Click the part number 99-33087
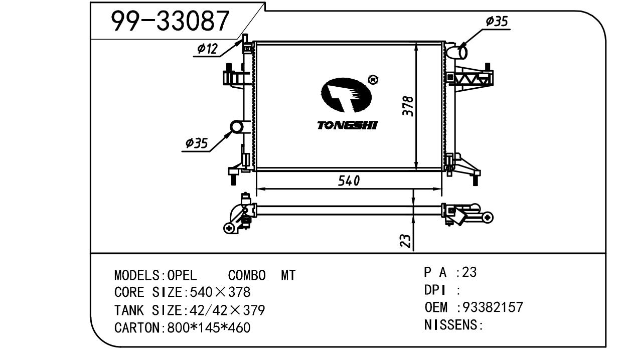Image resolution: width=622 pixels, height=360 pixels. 170,21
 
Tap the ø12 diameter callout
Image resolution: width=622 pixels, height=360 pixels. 207,49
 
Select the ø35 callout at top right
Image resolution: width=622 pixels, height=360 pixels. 497,21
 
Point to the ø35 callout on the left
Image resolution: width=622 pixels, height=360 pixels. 196,143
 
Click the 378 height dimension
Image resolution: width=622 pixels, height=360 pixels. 409,106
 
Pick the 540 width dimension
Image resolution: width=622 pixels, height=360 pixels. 348,181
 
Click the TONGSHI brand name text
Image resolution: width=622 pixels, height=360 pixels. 347,125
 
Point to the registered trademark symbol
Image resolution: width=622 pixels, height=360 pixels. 373,79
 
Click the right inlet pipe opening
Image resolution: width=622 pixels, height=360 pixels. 462,52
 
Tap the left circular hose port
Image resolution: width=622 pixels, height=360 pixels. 236,127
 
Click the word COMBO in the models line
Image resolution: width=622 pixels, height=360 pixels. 247,275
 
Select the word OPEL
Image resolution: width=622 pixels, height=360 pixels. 183,275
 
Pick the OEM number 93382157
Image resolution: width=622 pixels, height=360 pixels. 493,307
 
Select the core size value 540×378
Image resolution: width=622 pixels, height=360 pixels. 218,292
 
